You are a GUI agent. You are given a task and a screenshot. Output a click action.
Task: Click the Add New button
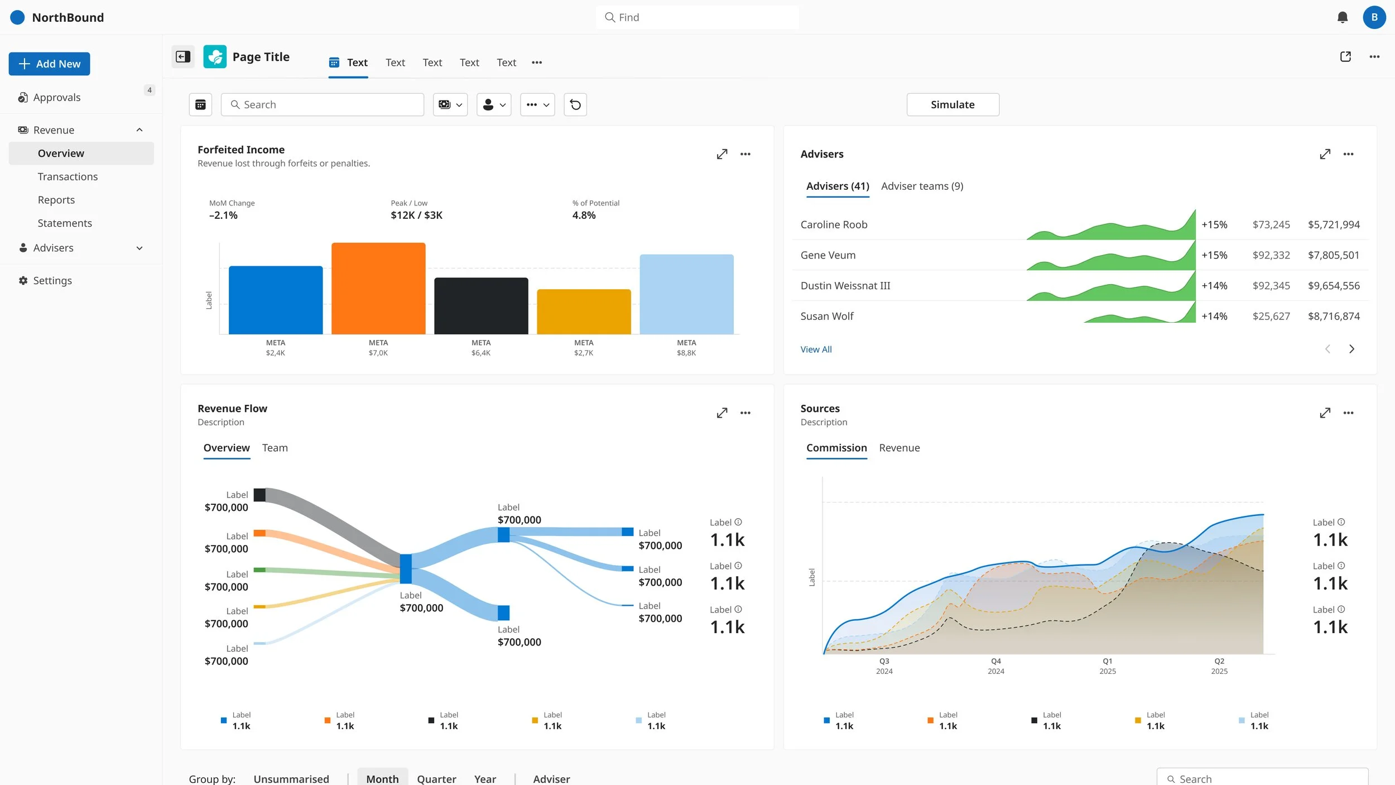click(x=49, y=64)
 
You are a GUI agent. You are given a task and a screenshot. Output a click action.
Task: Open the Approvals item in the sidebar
click(x=56, y=97)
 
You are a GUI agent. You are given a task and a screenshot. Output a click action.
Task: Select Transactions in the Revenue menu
click(x=68, y=176)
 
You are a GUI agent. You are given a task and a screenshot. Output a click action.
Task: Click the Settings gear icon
click(x=23, y=280)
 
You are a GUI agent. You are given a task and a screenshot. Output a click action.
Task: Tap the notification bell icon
click(x=1343, y=17)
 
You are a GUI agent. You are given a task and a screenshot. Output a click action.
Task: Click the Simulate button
click(x=953, y=104)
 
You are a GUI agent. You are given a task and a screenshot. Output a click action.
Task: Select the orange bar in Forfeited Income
click(x=378, y=288)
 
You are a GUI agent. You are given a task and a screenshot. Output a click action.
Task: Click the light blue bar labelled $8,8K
click(x=686, y=294)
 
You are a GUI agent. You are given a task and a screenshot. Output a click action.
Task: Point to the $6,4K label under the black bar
click(x=481, y=353)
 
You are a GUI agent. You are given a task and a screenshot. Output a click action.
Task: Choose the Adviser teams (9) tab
click(x=922, y=186)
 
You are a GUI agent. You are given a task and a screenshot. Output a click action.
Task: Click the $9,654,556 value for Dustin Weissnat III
click(x=1334, y=285)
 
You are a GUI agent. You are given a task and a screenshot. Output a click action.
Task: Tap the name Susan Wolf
click(x=827, y=316)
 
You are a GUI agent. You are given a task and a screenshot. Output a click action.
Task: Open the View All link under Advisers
click(x=816, y=350)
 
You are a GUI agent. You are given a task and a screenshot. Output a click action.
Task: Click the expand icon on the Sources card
click(x=1325, y=413)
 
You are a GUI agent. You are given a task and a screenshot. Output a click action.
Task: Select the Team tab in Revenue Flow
click(x=275, y=448)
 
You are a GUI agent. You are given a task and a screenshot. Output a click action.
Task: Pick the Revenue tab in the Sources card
click(x=899, y=448)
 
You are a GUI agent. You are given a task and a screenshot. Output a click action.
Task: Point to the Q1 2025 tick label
click(x=1108, y=666)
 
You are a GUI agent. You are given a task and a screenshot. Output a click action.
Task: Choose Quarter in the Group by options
click(x=436, y=779)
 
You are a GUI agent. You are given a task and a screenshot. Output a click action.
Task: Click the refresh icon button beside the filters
click(x=575, y=104)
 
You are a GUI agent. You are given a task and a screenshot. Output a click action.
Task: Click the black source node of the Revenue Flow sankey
click(x=259, y=495)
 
